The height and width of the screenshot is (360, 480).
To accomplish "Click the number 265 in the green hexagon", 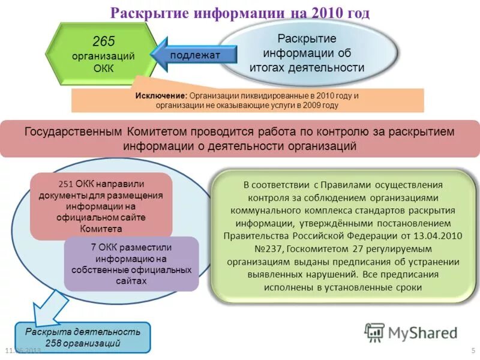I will tap(103, 41).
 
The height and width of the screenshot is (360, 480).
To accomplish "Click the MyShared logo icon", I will tap(375, 332).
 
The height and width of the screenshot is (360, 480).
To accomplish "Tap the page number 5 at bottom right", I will tap(473, 350).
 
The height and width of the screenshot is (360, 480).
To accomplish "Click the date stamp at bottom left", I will tap(22, 350).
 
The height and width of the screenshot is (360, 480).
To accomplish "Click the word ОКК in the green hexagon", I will tap(103, 68).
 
